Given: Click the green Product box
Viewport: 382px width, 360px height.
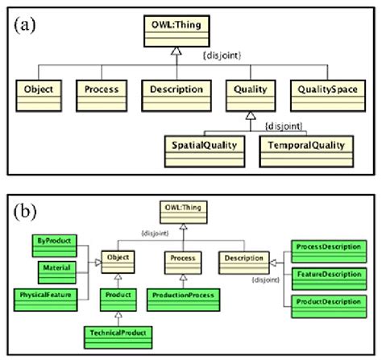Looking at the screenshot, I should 118,296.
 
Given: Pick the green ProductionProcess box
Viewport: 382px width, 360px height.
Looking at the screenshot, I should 184,296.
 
